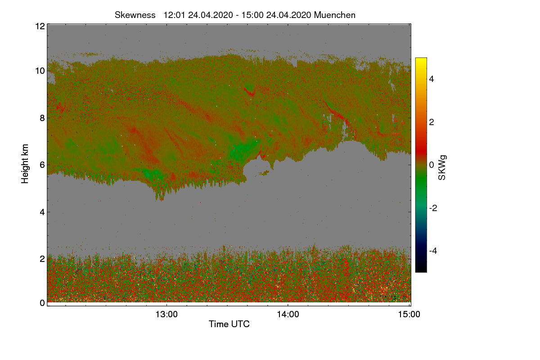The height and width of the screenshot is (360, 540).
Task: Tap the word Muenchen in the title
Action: [335, 15]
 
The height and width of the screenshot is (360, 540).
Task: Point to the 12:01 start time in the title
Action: [175, 15]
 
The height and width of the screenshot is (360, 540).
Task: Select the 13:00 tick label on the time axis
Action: [166, 315]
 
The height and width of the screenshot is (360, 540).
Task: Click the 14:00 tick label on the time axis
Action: [288, 315]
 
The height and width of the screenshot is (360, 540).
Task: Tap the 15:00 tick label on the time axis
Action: [409, 315]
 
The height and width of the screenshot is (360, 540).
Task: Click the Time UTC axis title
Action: [229, 324]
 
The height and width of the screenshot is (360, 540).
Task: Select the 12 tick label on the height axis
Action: [40, 26]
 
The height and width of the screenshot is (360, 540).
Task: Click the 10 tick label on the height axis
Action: [40, 71]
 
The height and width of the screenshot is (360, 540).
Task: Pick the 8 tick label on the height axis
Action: [42, 118]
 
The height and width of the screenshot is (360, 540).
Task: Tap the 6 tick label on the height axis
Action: [42, 165]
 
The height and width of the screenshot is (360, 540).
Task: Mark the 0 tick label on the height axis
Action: [42, 303]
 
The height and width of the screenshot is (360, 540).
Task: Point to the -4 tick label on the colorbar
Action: [434, 251]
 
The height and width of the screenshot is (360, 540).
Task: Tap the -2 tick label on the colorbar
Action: [434, 208]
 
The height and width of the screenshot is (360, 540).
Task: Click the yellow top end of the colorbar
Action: [421, 60]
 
